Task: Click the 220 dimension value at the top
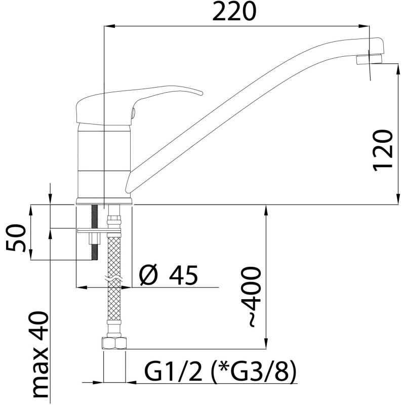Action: pos(234,12)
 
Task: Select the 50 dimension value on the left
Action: pos(16,237)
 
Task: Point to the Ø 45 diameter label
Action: pos(169,275)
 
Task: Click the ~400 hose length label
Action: pos(251,297)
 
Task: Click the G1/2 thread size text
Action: pos(173,371)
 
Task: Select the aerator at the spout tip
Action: pos(369,59)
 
